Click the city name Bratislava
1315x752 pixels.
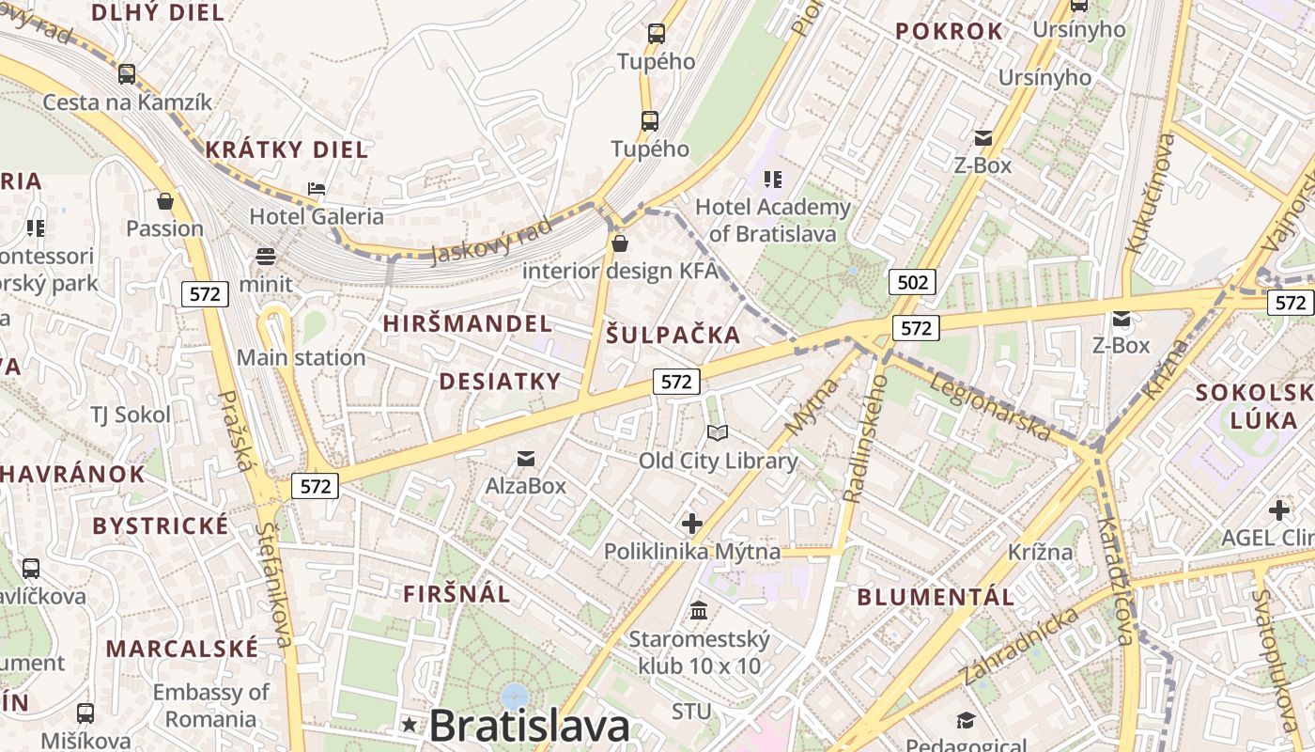click(530, 725)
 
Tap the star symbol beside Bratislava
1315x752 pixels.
click(410, 724)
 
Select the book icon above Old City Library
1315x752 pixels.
click(718, 433)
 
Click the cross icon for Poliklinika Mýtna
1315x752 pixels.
click(692, 524)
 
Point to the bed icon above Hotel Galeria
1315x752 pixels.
click(317, 189)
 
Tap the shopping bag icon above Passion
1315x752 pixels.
click(165, 201)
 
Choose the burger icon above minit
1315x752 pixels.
click(266, 257)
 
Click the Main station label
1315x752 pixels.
click(301, 357)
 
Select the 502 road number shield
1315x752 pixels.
click(912, 282)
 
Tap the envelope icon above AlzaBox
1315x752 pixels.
click(526, 459)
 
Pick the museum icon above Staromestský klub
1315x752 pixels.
click(699, 612)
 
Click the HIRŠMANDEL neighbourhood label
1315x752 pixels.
click(467, 323)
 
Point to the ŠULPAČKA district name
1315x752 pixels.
click(673, 335)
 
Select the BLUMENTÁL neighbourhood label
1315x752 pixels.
click(936, 597)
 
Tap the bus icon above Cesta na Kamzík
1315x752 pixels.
click(127, 73)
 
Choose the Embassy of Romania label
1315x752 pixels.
click(210, 705)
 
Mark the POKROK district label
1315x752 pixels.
click(950, 31)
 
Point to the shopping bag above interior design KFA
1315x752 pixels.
click(619, 244)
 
